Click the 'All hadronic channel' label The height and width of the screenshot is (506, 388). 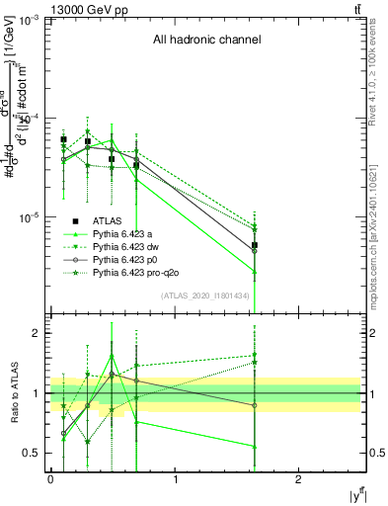click(206, 41)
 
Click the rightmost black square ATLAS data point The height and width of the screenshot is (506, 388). click(255, 245)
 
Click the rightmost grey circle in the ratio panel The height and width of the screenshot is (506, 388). click(255, 405)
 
